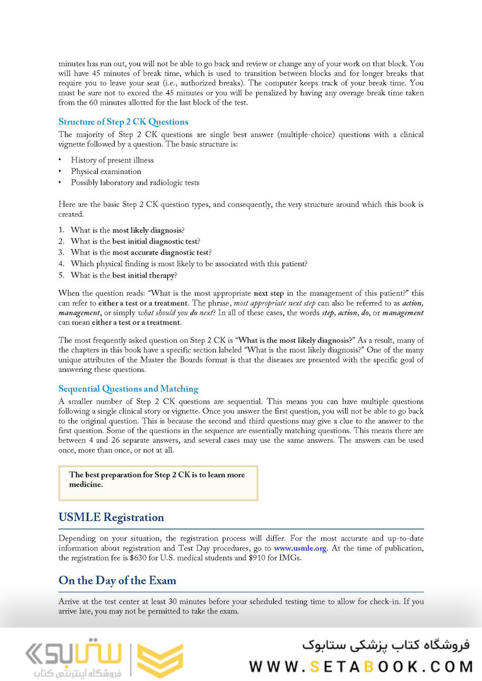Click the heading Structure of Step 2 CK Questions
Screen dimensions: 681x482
(x=123, y=122)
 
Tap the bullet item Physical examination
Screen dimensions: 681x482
(x=106, y=172)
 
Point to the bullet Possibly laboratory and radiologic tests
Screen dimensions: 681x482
(x=135, y=183)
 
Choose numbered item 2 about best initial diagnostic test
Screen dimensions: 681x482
(x=136, y=242)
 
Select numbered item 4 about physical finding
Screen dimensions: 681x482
(x=189, y=264)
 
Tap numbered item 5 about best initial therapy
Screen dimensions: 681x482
(x=124, y=275)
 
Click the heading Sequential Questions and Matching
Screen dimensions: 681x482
(x=128, y=389)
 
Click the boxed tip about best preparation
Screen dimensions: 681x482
(x=158, y=480)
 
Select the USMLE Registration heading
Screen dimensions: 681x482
(x=111, y=518)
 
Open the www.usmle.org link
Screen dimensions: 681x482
(x=300, y=549)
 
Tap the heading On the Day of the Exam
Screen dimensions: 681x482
(x=117, y=581)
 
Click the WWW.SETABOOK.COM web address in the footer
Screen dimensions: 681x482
(x=361, y=666)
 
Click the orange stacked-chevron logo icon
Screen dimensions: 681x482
(x=160, y=660)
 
